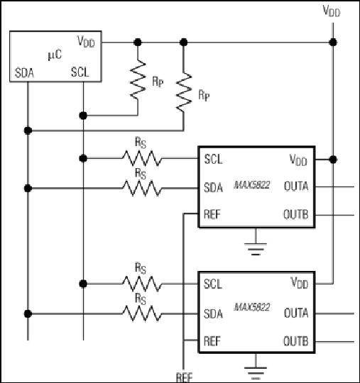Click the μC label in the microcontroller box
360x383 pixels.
[x=55, y=55]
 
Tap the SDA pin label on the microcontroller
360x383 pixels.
[x=24, y=73]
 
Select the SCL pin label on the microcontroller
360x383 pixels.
[x=80, y=72]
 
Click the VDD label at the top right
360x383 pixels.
[x=332, y=11]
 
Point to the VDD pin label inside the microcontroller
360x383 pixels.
[x=86, y=41]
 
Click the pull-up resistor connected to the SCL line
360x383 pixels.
[x=138, y=79]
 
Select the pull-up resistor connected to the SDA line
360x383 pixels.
[x=184, y=91]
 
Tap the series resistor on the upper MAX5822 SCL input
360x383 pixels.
[x=142, y=158]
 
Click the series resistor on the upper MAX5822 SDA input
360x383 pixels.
[x=142, y=188]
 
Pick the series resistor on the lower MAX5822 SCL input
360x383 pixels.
[x=142, y=284]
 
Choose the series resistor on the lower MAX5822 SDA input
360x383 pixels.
[x=142, y=313]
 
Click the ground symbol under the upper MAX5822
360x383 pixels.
[x=256, y=249]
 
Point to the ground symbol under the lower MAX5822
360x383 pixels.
[x=256, y=373]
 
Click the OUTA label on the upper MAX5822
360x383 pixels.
[x=296, y=187]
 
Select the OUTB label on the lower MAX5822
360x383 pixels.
[x=295, y=341]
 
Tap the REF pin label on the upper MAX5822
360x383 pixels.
[x=212, y=214]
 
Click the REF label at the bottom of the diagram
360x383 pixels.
[x=185, y=377]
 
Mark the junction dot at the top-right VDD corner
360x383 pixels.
[x=333, y=43]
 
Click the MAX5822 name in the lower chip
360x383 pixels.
[x=252, y=307]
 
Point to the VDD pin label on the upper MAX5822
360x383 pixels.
[x=298, y=160]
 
